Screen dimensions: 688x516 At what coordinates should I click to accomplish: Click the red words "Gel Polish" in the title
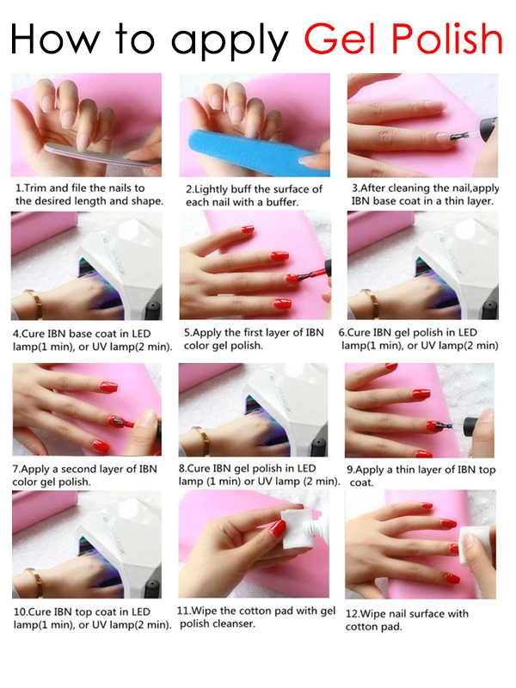tap(402, 39)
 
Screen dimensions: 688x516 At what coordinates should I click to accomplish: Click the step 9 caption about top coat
tap(421, 476)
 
